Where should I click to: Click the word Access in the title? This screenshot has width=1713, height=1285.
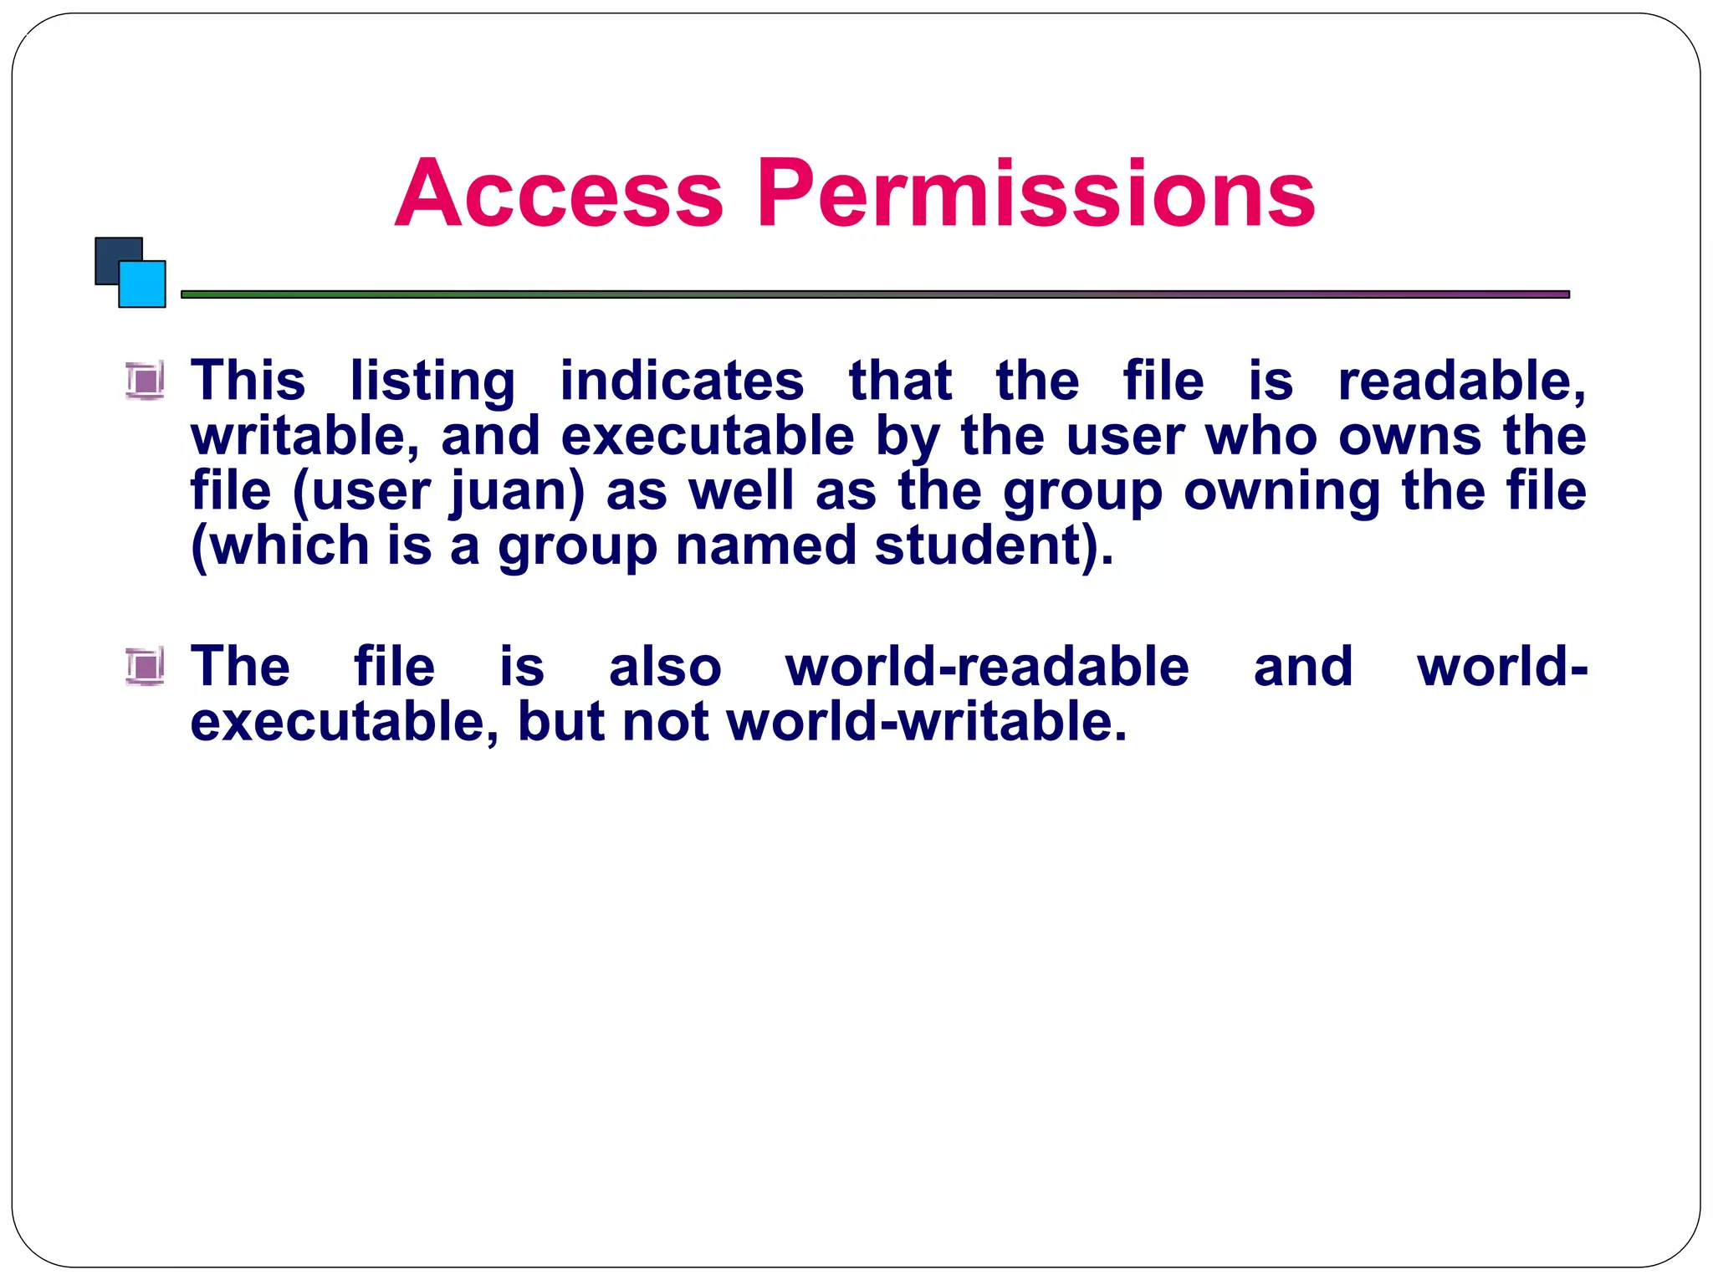click(558, 193)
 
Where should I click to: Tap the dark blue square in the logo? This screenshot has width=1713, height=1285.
click(113, 254)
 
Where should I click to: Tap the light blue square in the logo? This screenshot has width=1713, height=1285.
click(143, 284)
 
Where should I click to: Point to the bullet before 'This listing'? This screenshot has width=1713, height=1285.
click(146, 381)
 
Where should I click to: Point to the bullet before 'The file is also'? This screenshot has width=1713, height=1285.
click(146, 667)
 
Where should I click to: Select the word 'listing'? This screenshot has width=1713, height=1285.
click(432, 381)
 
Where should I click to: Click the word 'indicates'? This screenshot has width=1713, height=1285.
click(682, 381)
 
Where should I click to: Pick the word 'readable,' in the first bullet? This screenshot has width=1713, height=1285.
click(1461, 381)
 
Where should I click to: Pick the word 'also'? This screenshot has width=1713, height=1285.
click(665, 667)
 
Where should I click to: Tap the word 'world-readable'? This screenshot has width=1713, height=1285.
click(987, 667)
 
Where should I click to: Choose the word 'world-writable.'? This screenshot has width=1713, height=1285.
click(927, 722)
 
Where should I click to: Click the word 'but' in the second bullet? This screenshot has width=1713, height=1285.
click(560, 722)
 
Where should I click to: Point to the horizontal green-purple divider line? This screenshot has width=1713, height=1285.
click(875, 294)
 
